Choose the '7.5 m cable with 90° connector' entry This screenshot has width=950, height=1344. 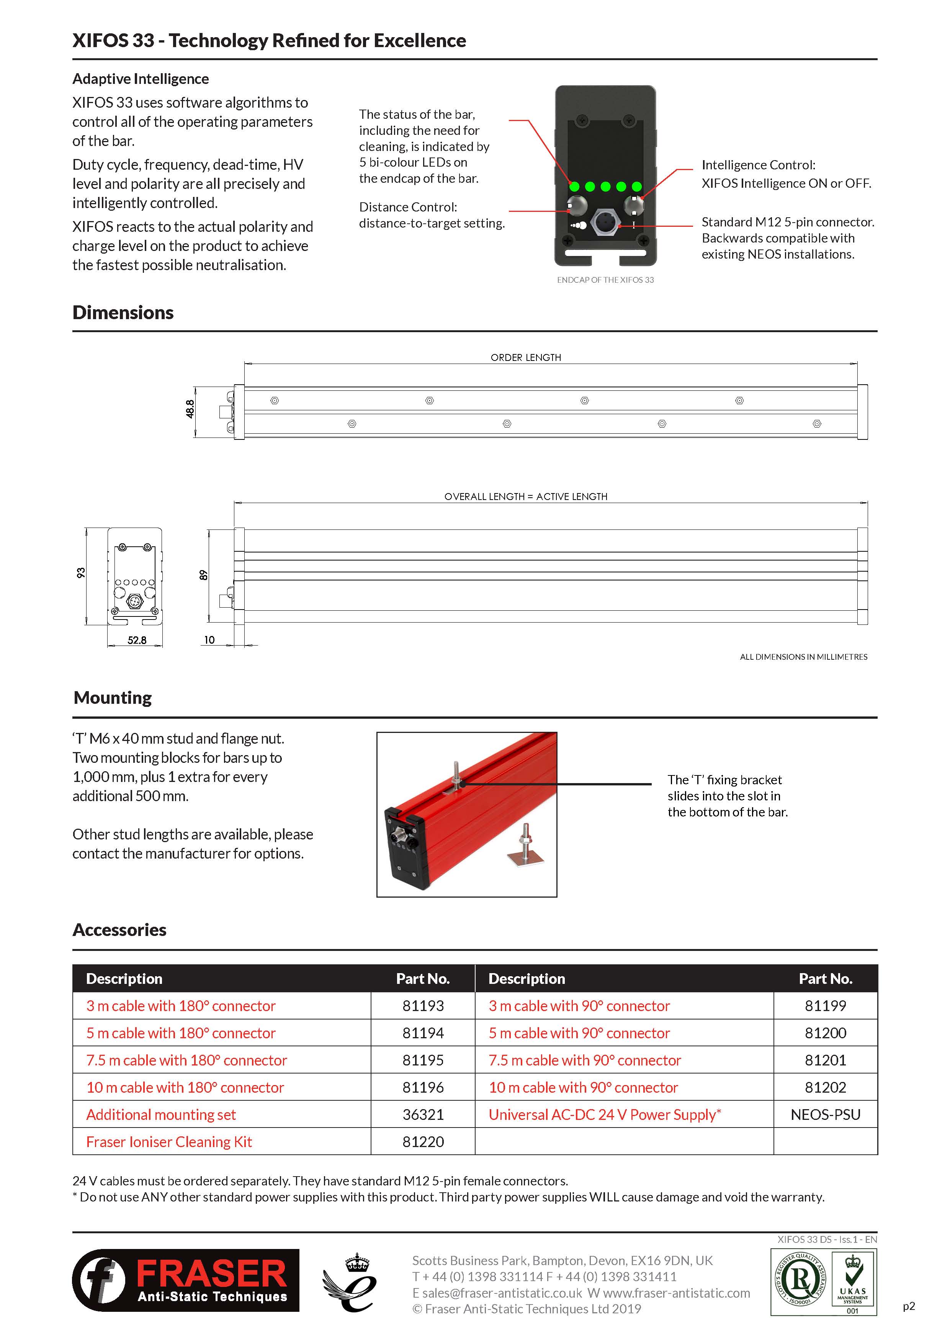point(584,1060)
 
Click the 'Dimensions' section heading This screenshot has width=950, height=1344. point(123,313)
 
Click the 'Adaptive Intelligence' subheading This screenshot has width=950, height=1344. point(141,79)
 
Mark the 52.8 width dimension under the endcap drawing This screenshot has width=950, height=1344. point(137,640)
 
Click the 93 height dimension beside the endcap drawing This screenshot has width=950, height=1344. point(81,572)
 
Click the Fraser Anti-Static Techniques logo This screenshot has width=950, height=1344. point(185,1280)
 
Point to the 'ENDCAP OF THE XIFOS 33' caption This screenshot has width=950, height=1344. point(605,280)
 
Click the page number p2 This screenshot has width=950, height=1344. point(908,1306)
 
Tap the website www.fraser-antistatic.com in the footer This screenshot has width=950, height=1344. point(676,1293)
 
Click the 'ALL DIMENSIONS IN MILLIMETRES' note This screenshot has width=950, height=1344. point(803,657)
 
